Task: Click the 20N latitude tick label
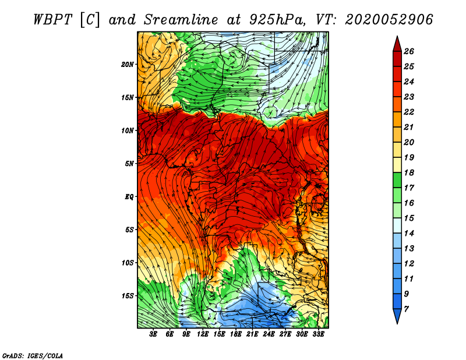128,65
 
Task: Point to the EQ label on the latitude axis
129,197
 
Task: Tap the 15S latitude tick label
128,296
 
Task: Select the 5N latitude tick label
129,164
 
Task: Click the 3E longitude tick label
153,334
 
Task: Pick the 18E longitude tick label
236,334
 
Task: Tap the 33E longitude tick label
318,334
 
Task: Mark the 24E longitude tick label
269,334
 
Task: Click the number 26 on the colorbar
409,51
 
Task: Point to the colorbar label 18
409,172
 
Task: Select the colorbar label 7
406,309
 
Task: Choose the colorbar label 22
409,112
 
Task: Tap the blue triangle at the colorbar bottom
397,316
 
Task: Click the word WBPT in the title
52,20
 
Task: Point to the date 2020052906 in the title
389,20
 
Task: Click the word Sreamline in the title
181,20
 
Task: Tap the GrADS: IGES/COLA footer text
33,356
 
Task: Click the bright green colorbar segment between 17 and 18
397,180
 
